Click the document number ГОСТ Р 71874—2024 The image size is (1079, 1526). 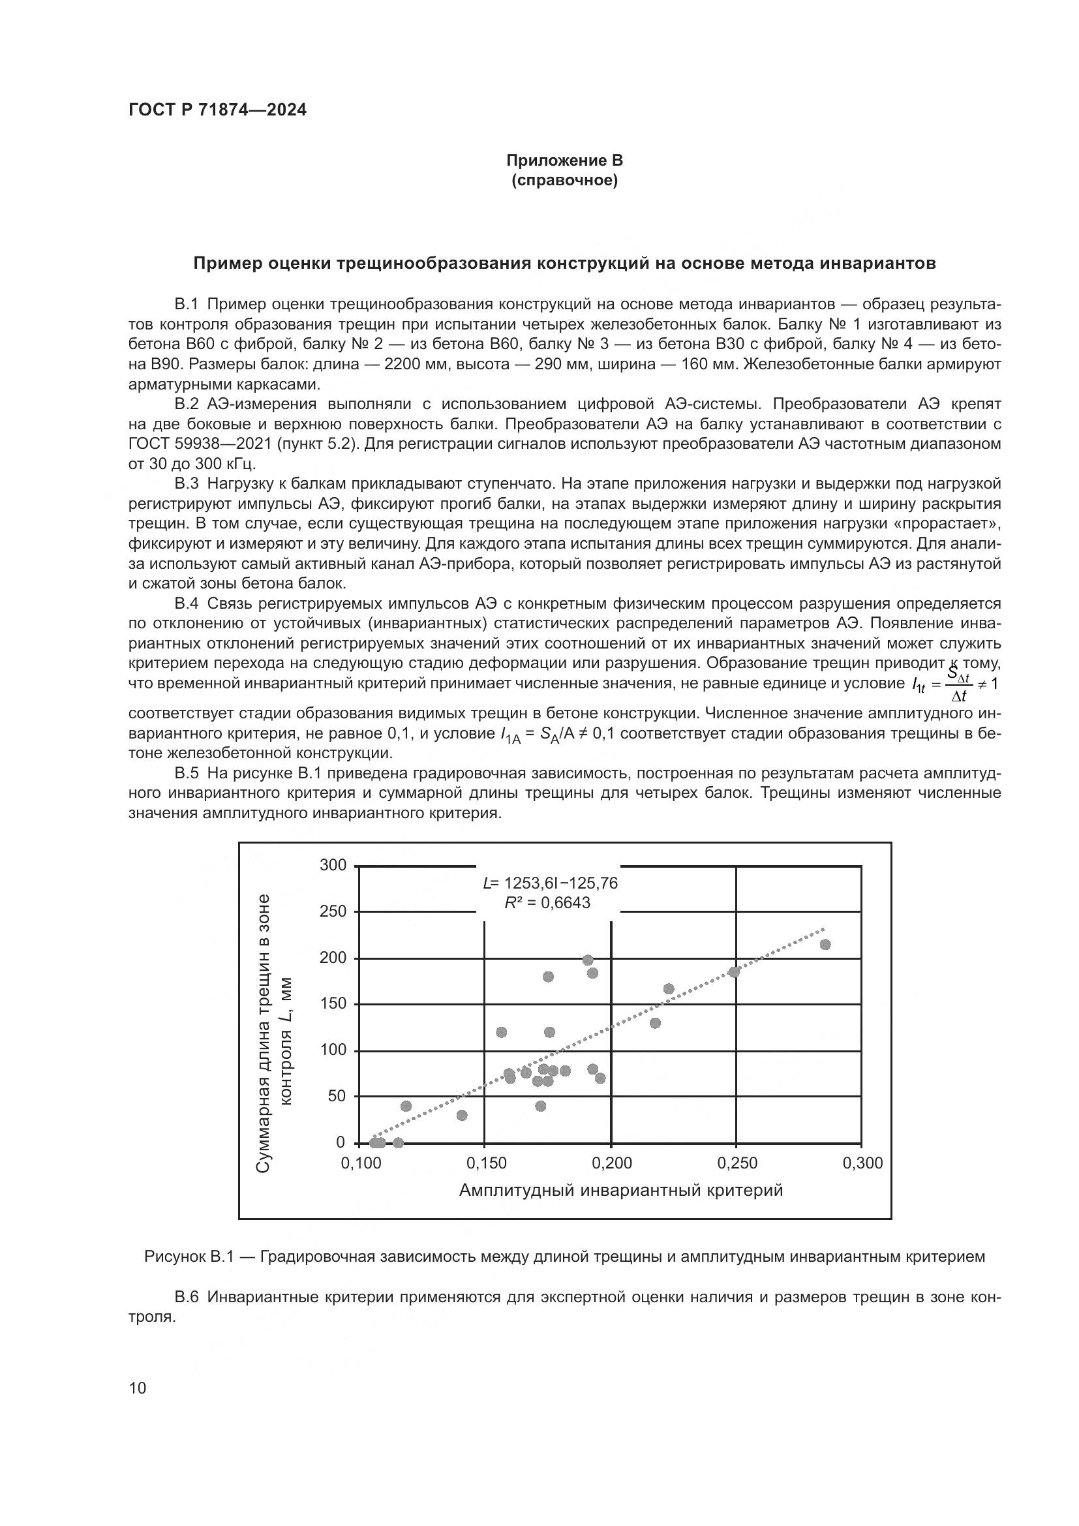pos(217,110)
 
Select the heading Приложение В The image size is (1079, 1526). pos(564,161)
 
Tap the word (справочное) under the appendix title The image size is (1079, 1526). pos(564,181)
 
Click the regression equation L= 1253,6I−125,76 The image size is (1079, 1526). pos(549,883)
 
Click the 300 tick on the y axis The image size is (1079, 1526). pos(333,865)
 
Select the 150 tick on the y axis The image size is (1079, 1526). pos(333,1003)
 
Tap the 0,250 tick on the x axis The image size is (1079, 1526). pos(737,1163)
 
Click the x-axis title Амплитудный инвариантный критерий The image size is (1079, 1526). pos(620,1191)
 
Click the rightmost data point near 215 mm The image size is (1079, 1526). pos(825,945)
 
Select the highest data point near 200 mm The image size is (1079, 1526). pos(587,960)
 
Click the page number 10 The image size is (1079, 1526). pos(138,1388)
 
